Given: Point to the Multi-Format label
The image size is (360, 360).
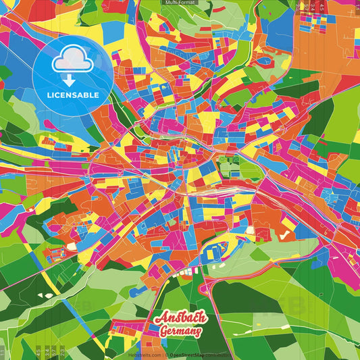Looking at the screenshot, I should click(x=179, y=3).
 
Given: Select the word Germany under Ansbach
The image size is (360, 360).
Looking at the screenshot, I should click(x=182, y=332).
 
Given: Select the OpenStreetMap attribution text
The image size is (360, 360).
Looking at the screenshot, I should click(x=196, y=355).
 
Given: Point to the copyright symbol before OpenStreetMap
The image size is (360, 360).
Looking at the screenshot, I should click(x=166, y=355).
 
